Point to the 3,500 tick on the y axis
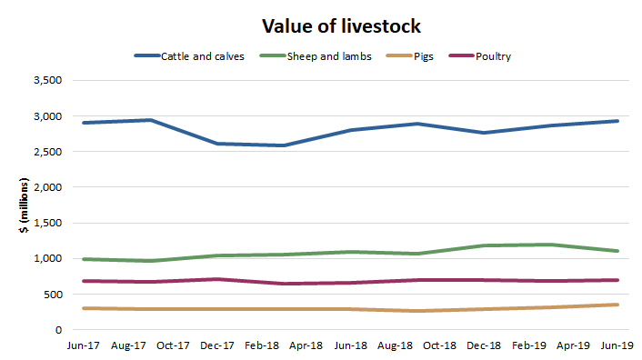point(46,81)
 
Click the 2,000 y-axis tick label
point(46,187)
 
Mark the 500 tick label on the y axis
point(52,295)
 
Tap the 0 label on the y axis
point(57,330)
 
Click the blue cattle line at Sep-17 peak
point(151,120)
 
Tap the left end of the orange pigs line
point(83,308)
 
